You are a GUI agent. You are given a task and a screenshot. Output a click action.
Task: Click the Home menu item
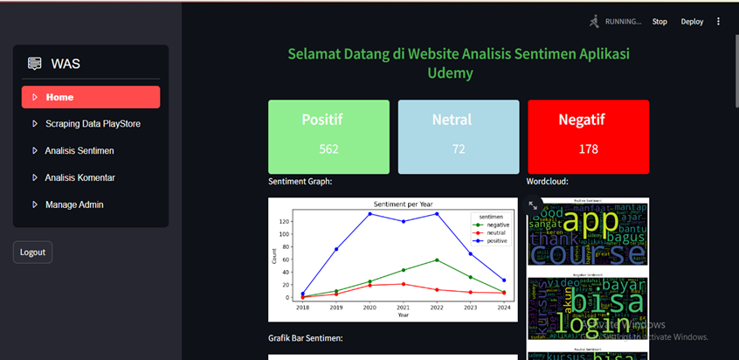(91, 97)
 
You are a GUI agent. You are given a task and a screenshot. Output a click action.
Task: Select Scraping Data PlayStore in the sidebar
(93, 124)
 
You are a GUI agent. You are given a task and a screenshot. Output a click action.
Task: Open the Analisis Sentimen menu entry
(79, 151)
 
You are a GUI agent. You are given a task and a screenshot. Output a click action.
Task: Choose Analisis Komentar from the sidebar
(80, 177)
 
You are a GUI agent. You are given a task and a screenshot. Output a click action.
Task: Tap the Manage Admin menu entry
(74, 204)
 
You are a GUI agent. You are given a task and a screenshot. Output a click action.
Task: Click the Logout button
(32, 253)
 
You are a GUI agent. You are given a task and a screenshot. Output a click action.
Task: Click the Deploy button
(692, 22)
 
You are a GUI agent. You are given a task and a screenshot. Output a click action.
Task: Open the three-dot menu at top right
(719, 22)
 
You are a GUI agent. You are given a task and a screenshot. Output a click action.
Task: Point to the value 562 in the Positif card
(328, 149)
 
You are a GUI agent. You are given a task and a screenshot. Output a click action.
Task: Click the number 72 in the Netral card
(459, 149)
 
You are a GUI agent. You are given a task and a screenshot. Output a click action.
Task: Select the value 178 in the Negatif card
(588, 149)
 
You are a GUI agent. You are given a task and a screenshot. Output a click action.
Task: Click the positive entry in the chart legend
(496, 240)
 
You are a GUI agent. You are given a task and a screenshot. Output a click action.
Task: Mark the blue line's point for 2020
(369, 213)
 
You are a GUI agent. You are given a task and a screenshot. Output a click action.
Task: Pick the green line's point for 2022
(437, 260)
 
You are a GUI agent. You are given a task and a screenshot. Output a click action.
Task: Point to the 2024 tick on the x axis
(504, 308)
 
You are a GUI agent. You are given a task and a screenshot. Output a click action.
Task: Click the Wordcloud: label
(548, 182)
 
